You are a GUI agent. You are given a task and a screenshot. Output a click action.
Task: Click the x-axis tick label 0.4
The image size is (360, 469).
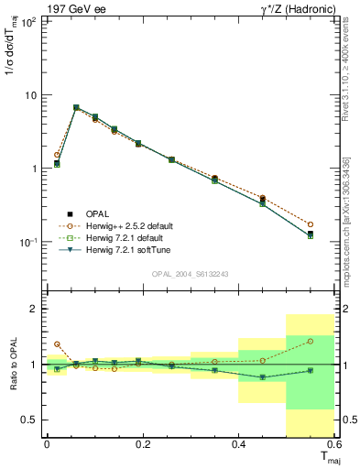238,443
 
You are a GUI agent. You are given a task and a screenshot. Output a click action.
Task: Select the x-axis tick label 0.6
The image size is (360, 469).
333,443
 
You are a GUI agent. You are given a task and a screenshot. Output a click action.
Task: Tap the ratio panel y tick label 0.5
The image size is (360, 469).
29,420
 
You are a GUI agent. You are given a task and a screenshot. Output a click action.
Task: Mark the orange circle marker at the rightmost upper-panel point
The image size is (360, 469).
311,224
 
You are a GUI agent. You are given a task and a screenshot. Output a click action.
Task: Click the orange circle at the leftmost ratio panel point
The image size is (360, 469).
57,344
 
